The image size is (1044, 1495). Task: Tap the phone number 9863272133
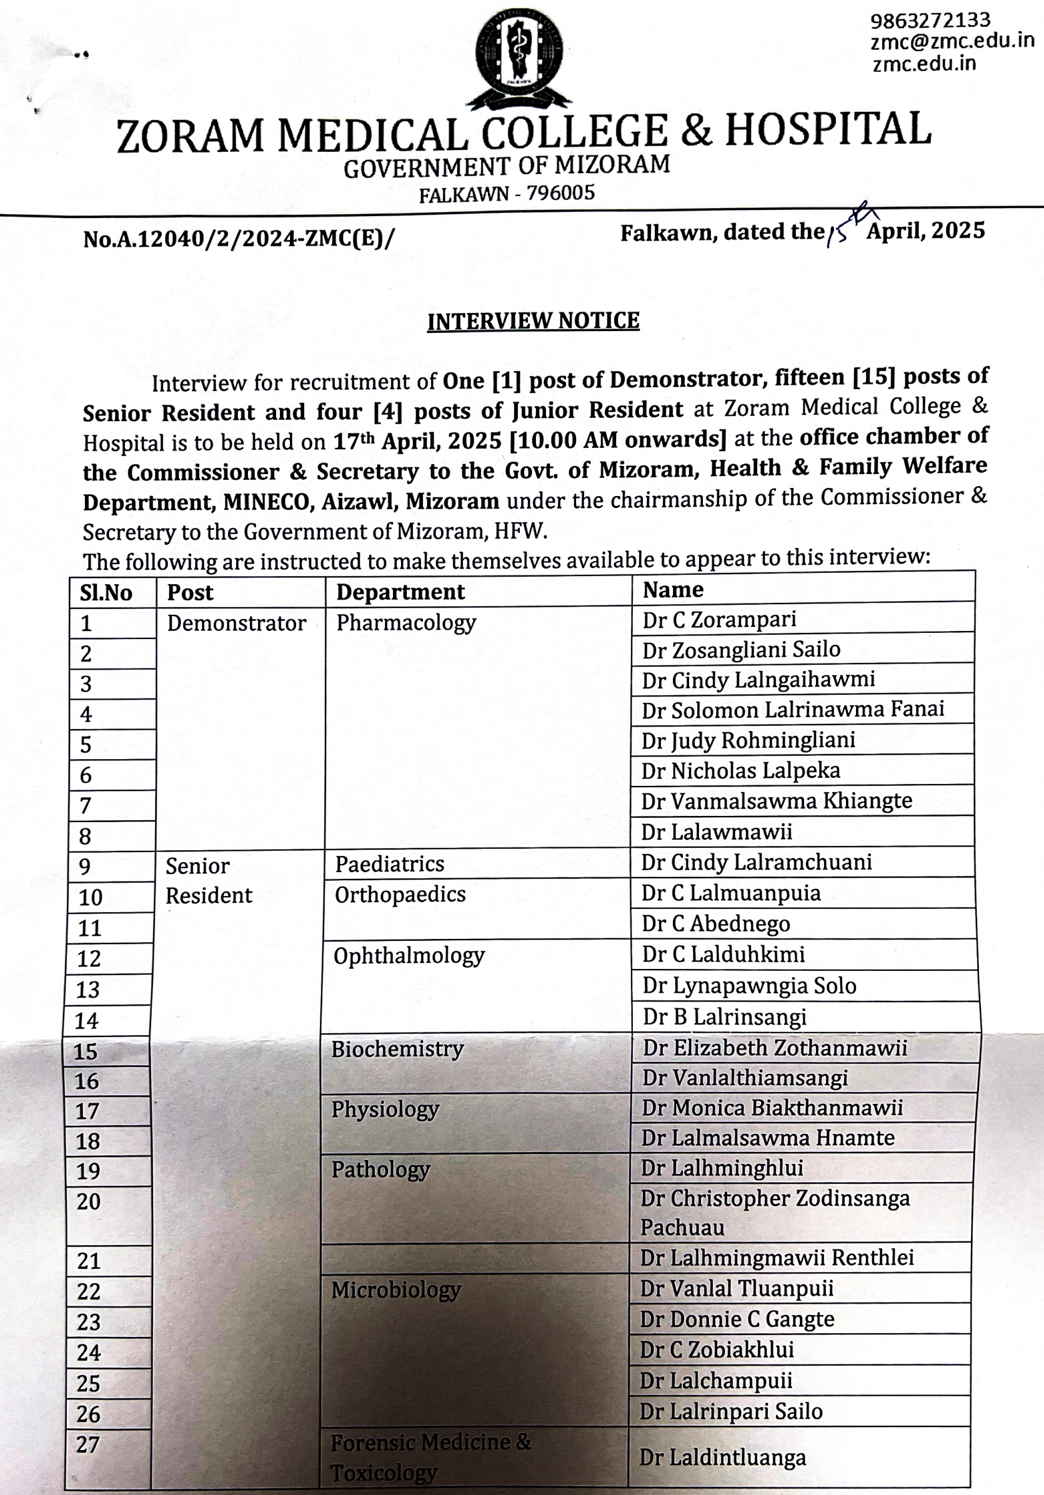click(930, 20)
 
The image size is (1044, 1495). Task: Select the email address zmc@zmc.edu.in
click(952, 41)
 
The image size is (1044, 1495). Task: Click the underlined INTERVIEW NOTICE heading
click(533, 321)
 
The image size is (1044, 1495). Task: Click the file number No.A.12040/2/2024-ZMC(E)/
click(239, 239)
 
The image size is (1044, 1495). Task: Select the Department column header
click(400, 592)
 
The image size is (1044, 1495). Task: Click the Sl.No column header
click(106, 593)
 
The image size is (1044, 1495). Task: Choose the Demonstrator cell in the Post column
click(236, 623)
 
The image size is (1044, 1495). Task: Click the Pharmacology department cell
click(405, 622)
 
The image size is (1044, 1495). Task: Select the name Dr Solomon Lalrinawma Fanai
click(793, 709)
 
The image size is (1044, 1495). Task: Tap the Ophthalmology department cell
click(409, 956)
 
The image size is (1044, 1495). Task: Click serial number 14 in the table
click(87, 1020)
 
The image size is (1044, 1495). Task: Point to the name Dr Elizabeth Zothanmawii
click(775, 1048)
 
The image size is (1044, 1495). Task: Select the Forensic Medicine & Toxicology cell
click(430, 1458)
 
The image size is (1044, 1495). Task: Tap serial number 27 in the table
click(88, 1444)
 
